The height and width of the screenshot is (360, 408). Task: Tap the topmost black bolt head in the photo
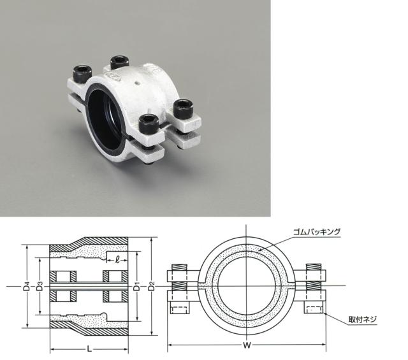click(120, 62)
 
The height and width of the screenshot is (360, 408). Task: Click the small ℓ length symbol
click(119, 259)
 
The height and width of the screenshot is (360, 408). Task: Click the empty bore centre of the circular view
click(246, 287)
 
